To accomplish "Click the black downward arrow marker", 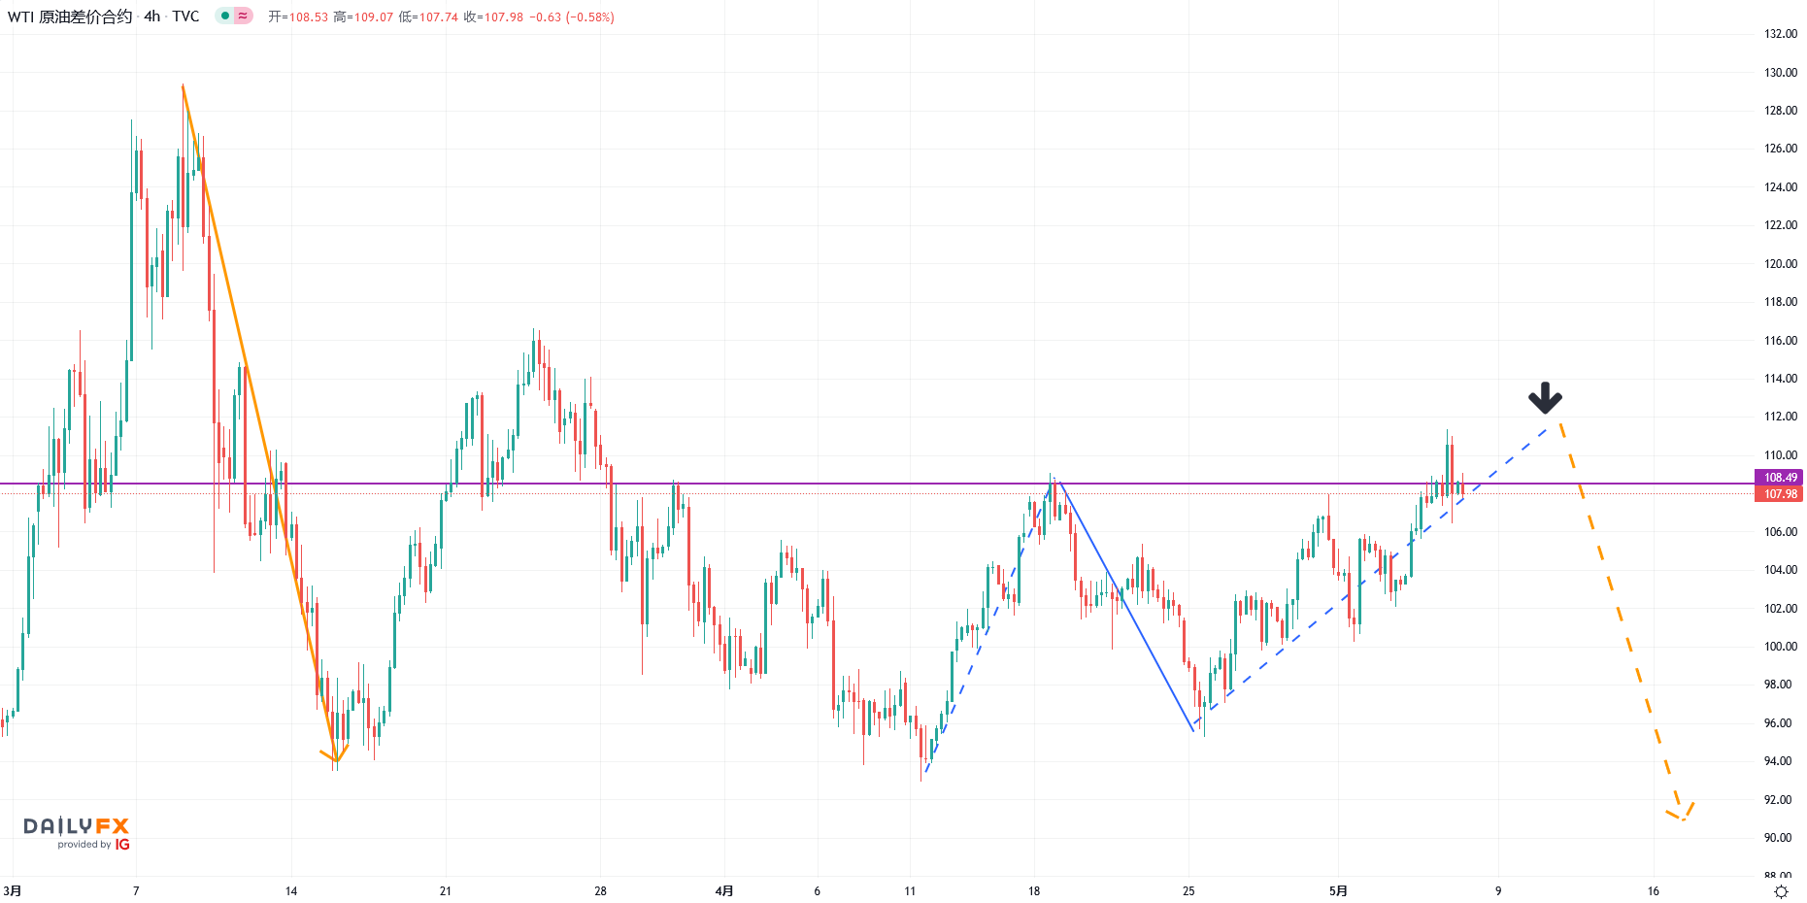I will pos(1545,397).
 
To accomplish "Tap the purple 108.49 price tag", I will pos(1779,478).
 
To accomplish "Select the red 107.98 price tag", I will pos(1779,494).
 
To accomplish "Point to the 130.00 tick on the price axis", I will pos(1780,73).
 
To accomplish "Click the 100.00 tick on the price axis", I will pos(1780,647).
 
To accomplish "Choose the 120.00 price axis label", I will pos(1780,264).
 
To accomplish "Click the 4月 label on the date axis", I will pos(724,891).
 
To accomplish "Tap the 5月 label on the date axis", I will pos(1338,891).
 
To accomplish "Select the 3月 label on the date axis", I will pos(13,891).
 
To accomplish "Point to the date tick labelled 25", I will pos(1188,891).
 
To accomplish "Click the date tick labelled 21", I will pos(446,891).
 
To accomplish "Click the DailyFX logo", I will pos(76,826).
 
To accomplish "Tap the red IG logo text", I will pos(122,845).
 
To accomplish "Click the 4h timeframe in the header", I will pos(152,17).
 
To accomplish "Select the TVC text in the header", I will pos(185,17).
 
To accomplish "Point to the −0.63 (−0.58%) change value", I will pos(572,17).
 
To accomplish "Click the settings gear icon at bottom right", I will pos(1781,891).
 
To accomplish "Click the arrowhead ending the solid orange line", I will pos(335,756).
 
